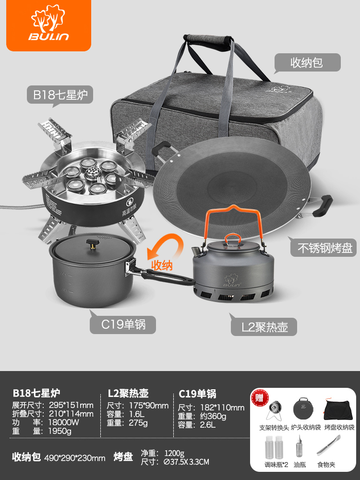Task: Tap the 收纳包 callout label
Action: pyautogui.click(x=307, y=63)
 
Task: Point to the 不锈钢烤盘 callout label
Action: pyautogui.click(x=323, y=247)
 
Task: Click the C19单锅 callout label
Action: pyautogui.click(x=122, y=324)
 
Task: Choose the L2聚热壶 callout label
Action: pyautogui.click(x=264, y=326)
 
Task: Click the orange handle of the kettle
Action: pyautogui.click(x=234, y=220)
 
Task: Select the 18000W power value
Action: pyautogui.click(x=64, y=422)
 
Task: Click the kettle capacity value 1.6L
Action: pyautogui.click(x=136, y=414)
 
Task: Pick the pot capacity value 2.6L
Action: pyautogui.click(x=208, y=425)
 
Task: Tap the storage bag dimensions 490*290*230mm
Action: pyautogui.click(x=75, y=458)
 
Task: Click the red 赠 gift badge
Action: pyautogui.click(x=260, y=397)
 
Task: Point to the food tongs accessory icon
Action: pyautogui.click(x=328, y=445)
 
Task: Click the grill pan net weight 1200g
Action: pyautogui.click(x=175, y=453)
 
